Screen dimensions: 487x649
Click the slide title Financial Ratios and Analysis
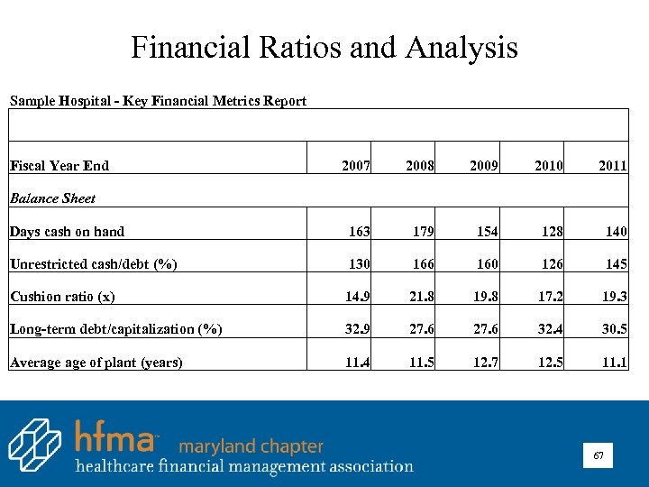click(324, 47)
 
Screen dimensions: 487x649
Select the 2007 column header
click(356, 166)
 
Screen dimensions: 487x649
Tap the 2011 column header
click(613, 166)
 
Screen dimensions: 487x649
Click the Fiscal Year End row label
click(59, 166)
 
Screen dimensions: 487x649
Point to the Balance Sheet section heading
click(52, 198)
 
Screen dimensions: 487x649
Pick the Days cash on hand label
click(68, 232)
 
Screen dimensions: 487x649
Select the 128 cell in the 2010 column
click(549, 232)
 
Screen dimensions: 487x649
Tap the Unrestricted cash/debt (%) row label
click(93, 264)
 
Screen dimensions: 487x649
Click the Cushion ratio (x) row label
click(62, 297)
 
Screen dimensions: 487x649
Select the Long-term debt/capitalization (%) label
click(115, 329)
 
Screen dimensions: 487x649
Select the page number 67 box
click(598, 457)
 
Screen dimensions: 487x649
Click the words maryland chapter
click(251, 446)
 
